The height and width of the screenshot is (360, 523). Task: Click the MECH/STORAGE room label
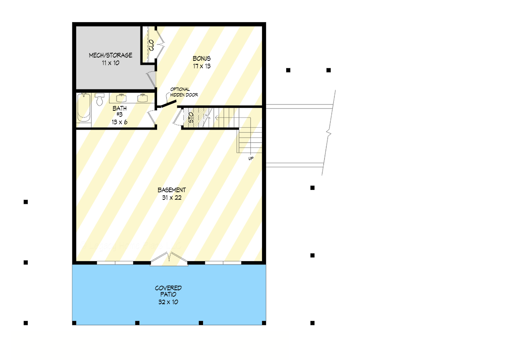coord(110,55)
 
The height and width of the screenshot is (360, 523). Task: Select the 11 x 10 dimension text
coord(110,63)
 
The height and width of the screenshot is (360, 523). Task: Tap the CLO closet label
coord(151,45)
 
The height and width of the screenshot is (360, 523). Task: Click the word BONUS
coord(202,58)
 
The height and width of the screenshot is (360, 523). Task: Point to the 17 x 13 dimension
coord(202,66)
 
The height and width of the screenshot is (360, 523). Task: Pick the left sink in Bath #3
coord(121,98)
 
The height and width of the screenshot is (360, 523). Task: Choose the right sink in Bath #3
coord(143,98)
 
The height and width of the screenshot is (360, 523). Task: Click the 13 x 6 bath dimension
coord(120,121)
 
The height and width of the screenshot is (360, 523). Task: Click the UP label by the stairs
coord(251,158)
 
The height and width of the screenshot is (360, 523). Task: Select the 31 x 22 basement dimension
coord(172,198)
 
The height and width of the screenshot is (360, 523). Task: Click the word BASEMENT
coord(172,190)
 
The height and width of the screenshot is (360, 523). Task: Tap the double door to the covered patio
coord(169,260)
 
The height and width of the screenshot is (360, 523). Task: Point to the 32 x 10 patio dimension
coord(168,302)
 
